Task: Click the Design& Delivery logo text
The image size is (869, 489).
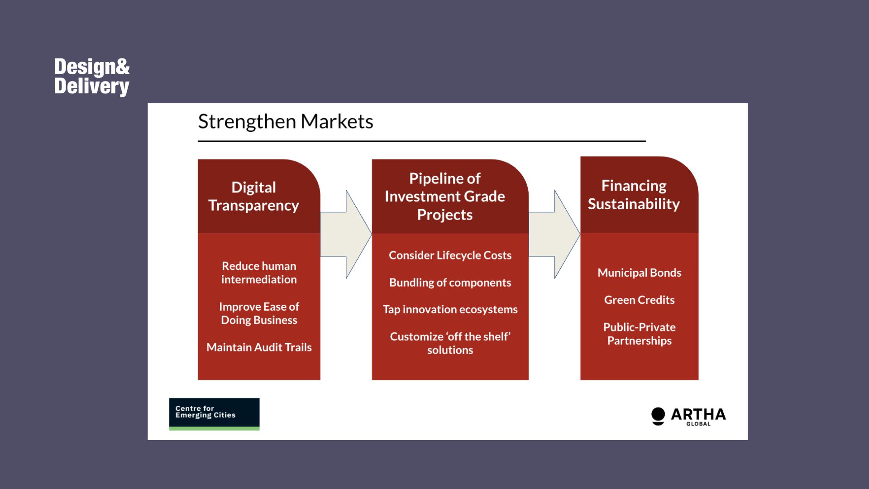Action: pos(92,77)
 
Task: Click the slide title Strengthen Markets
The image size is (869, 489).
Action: pos(286,121)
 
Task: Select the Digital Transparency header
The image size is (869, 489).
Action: pos(253,196)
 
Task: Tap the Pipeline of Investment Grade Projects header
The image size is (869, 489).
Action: pos(445,197)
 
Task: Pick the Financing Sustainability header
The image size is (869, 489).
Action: pos(634,195)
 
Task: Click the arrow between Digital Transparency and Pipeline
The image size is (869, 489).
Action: pos(346,234)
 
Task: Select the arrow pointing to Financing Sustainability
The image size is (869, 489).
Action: pos(554,234)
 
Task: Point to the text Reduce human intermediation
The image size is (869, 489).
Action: pos(259,273)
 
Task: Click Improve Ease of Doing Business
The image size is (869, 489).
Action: pos(259,313)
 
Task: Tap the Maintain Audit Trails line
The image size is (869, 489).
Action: pos(259,347)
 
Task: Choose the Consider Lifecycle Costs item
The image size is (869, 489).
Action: pos(450,255)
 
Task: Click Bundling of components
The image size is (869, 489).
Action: pos(450,283)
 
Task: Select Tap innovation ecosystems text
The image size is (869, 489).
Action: pos(450,309)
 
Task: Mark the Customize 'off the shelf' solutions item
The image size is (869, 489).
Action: pos(450,343)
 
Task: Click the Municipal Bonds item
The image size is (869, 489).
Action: pos(639,273)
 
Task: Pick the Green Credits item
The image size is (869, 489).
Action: pos(639,300)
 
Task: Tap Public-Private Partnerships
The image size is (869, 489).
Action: pos(639,334)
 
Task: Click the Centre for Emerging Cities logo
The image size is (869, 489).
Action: pos(214,414)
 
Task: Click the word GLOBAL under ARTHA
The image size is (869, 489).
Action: pos(698,424)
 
